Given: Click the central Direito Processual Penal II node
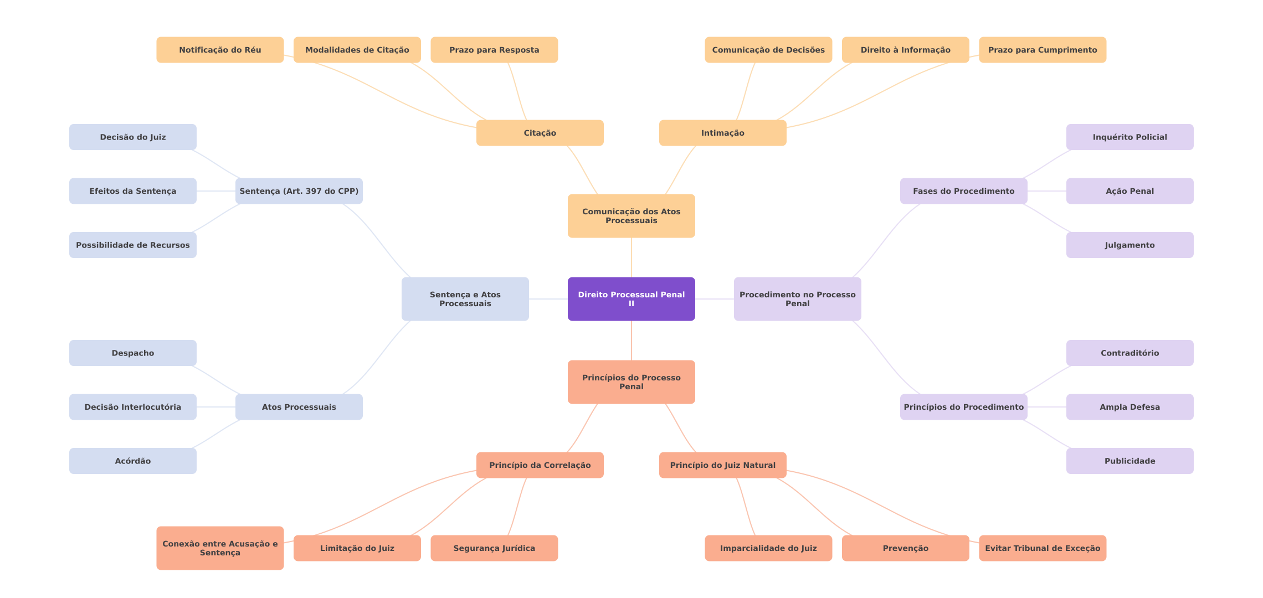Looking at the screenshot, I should (x=631, y=299).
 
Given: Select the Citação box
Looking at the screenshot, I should (x=540, y=133).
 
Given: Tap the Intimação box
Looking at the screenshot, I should (x=722, y=133).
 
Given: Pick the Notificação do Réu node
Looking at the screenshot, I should (x=220, y=50).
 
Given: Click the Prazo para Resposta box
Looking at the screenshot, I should (x=494, y=50).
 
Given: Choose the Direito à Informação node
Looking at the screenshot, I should (x=905, y=50).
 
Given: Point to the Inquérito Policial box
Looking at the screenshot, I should (x=1129, y=137).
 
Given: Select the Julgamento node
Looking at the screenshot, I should (x=1129, y=245).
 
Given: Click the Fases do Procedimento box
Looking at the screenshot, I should (x=963, y=191).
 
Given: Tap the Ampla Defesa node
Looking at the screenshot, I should (x=1129, y=407).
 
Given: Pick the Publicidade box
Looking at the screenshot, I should (x=1129, y=461).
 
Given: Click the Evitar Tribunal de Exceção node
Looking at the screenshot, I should (x=1042, y=548).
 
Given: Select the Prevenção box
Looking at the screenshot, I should (x=905, y=548).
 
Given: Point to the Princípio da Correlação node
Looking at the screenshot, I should (x=540, y=465).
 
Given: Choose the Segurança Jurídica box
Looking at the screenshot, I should (x=494, y=548).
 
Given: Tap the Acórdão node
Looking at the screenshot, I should (x=132, y=461).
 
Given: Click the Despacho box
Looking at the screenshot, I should (x=132, y=353).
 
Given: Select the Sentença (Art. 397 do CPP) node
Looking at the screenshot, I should (x=299, y=191).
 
